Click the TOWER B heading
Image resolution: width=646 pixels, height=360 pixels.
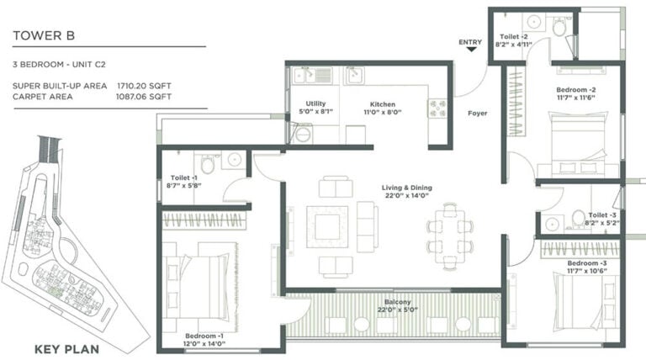click(44, 36)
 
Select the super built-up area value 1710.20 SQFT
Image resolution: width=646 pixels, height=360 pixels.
click(144, 86)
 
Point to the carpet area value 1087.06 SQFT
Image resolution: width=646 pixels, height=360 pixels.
click(144, 97)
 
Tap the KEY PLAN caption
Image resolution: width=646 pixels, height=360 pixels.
click(66, 350)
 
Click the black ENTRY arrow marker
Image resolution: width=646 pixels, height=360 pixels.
click(471, 50)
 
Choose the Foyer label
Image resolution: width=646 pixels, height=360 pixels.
click(478, 113)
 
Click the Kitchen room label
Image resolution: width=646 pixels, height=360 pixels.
click(383, 104)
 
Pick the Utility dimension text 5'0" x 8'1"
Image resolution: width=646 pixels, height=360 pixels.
click(315, 112)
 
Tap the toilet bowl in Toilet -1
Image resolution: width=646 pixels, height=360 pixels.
click(207, 164)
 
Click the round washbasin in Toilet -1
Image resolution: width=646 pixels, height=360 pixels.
click(235, 159)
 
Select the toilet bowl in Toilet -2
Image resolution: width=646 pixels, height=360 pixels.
click(559, 27)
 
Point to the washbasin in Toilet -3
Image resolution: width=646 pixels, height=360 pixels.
click(552, 224)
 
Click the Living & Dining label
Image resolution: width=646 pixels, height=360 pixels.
click(406, 188)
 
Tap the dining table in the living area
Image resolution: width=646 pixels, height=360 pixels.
click(449, 236)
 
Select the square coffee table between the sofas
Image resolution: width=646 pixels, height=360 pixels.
click(327, 227)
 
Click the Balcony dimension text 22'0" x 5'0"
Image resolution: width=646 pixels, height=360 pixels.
click(398, 310)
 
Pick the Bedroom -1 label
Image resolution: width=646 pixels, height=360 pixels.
click(204, 336)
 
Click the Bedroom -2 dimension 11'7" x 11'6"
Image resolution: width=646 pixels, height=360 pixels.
click(576, 98)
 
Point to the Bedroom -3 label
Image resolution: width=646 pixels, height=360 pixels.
click(587, 263)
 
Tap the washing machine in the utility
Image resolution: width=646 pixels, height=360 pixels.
click(302, 134)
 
